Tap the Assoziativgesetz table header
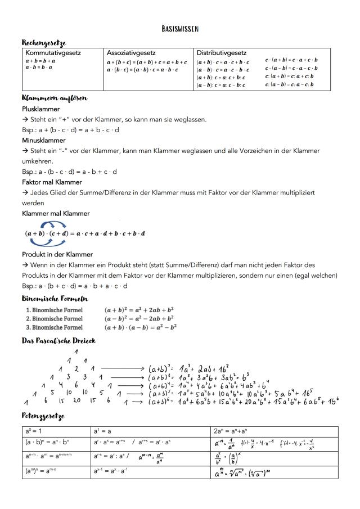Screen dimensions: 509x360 click(x=131, y=52)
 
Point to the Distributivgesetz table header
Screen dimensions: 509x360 click(x=222, y=52)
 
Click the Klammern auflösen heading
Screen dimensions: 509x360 click(x=54, y=98)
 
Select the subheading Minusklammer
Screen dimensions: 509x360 click(x=43, y=140)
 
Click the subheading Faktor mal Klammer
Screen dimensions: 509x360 click(x=52, y=182)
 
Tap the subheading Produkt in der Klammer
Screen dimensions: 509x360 click(x=57, y=254)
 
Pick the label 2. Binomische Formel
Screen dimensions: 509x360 click(x=54, y=319)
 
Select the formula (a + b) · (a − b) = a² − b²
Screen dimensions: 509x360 click(x=140, y=327)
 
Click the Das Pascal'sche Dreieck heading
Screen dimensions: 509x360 click(x=59, y=341)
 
